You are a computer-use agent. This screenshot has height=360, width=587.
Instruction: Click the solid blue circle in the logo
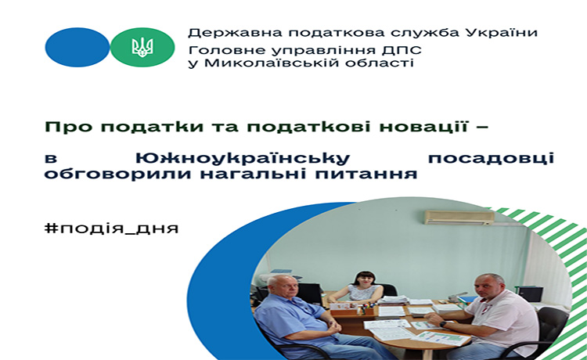(77, 47)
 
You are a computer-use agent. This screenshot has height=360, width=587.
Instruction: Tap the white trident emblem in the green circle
(142, 47)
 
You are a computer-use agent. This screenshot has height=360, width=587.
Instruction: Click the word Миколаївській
(272, 62)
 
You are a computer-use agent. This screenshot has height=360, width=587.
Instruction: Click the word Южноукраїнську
(242, 158)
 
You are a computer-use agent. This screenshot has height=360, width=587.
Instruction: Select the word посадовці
(492, 158)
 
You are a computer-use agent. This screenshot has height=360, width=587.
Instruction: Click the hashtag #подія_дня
(112, 229)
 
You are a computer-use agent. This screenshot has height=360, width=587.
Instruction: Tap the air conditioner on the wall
(459, 218)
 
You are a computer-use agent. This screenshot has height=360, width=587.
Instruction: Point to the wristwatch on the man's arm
(443, 324)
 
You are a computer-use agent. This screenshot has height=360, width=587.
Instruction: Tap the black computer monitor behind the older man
(310, 293)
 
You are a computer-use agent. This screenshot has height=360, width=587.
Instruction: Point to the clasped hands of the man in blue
(333, 328)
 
